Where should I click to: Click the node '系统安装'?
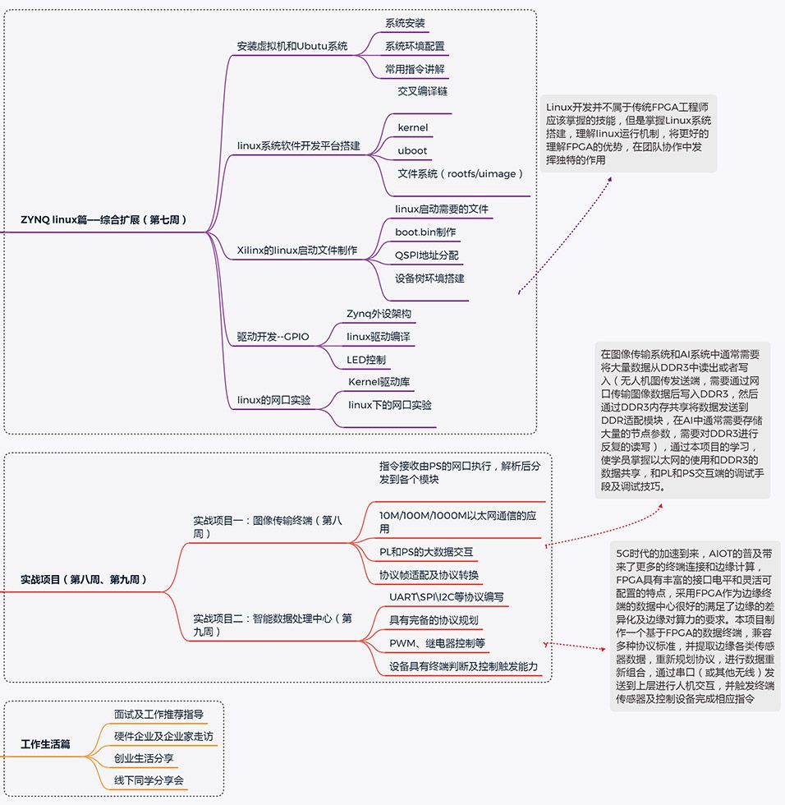[x=405, y=23]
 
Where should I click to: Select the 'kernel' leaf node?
[x=412, y=127]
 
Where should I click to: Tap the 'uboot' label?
[x=412, y=151]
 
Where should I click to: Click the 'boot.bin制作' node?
[x=425, y=232]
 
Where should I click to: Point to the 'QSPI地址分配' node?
[x=426, y=255]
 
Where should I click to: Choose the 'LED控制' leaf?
[x=365, y=360]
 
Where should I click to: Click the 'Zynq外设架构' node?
[x=379, y=314]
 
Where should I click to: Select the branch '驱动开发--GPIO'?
[x=273, y=337]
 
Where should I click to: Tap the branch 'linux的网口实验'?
[x=273, y=400]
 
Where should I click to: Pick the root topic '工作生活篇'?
[x=45, y=745]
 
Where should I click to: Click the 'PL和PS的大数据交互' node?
[x=425, y=551]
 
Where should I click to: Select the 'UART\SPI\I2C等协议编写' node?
[x=447, y=597]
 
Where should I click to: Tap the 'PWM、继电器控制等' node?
[x=437, y=642]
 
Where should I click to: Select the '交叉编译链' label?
[x=422, y=91]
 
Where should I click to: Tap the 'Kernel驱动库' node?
[x=379, y=382]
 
